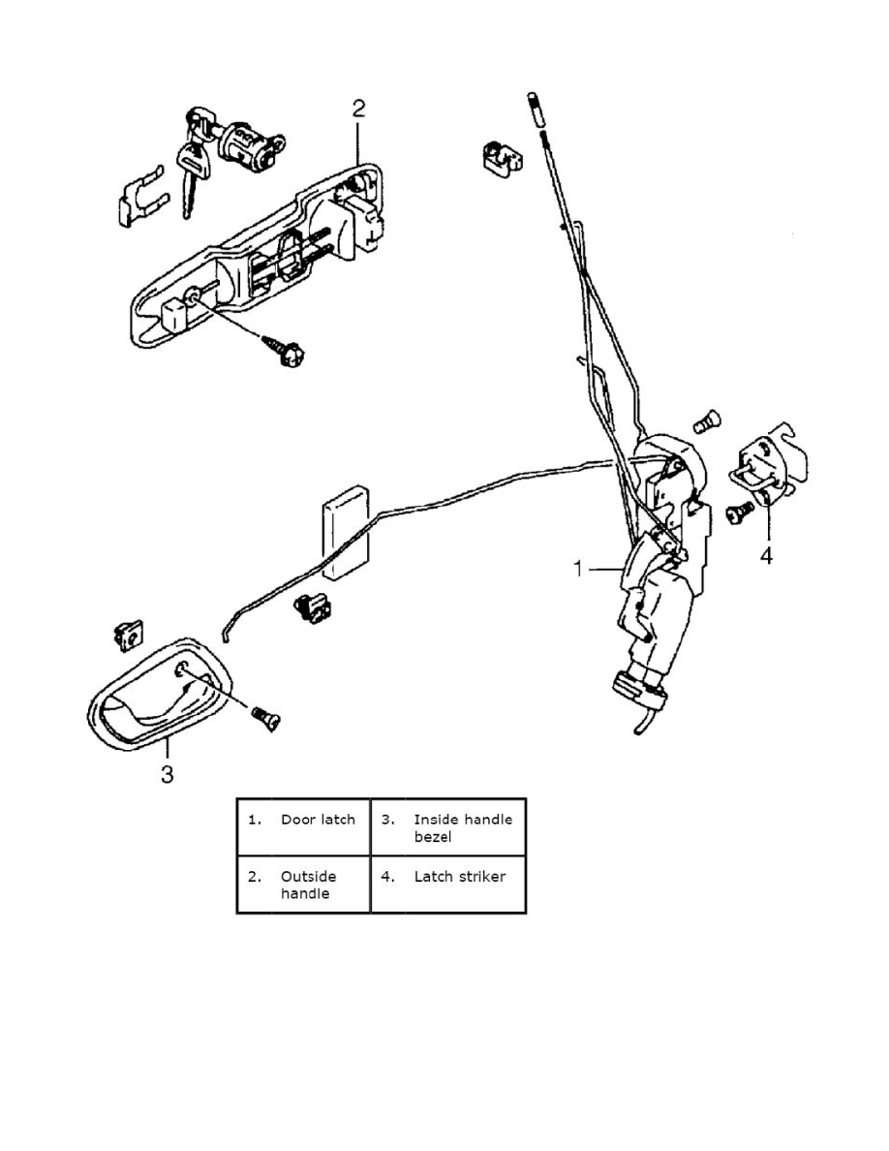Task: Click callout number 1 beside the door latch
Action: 579,569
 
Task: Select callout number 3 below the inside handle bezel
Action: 167,775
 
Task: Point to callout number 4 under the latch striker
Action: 765,558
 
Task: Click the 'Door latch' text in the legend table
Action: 318,820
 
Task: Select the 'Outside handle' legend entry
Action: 308,885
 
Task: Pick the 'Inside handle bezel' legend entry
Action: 462,827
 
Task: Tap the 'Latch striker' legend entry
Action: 459,877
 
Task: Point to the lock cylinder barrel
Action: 244,147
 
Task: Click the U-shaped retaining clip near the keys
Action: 145,199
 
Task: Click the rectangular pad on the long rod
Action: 346,532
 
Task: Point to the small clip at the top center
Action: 498,157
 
